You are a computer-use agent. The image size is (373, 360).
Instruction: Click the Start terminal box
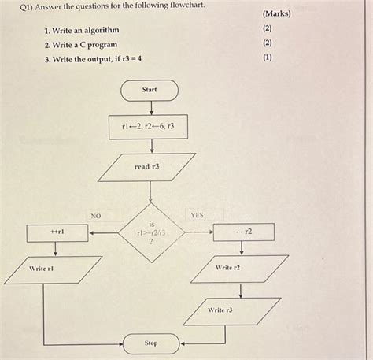pyautogui.click(x=150, y=90)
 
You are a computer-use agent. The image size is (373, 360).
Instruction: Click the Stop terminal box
pyautogui.click(x=150, y=343)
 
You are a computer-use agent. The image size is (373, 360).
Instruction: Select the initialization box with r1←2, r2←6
pyautogui.click(x=149, y=126)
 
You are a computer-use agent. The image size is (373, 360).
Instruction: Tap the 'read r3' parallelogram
pyautogui.click(x=146, y=167)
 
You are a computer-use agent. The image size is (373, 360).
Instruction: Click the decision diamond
pyautogui.click(x=150, y=233)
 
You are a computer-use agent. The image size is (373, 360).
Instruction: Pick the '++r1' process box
pyautogui.click(x=57, y=232)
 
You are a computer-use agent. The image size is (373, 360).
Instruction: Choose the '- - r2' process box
pyautogui.click(x=243, y=232)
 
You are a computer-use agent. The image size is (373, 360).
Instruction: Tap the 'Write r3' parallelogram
pyautogui.click(x=232, y=310)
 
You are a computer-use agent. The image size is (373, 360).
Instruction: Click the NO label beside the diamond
pyautogui.click(x=95, y=214)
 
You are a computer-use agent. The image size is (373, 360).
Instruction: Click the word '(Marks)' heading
pyautogui.click(x=277, y=14)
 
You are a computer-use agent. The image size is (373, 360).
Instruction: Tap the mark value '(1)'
pyautogui.click(x=268, y=58)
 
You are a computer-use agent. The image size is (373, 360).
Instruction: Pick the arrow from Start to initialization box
pyautogui.click(x=150, y=107)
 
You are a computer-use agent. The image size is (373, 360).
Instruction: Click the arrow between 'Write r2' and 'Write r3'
pyautogui.click(x=241, y=289)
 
